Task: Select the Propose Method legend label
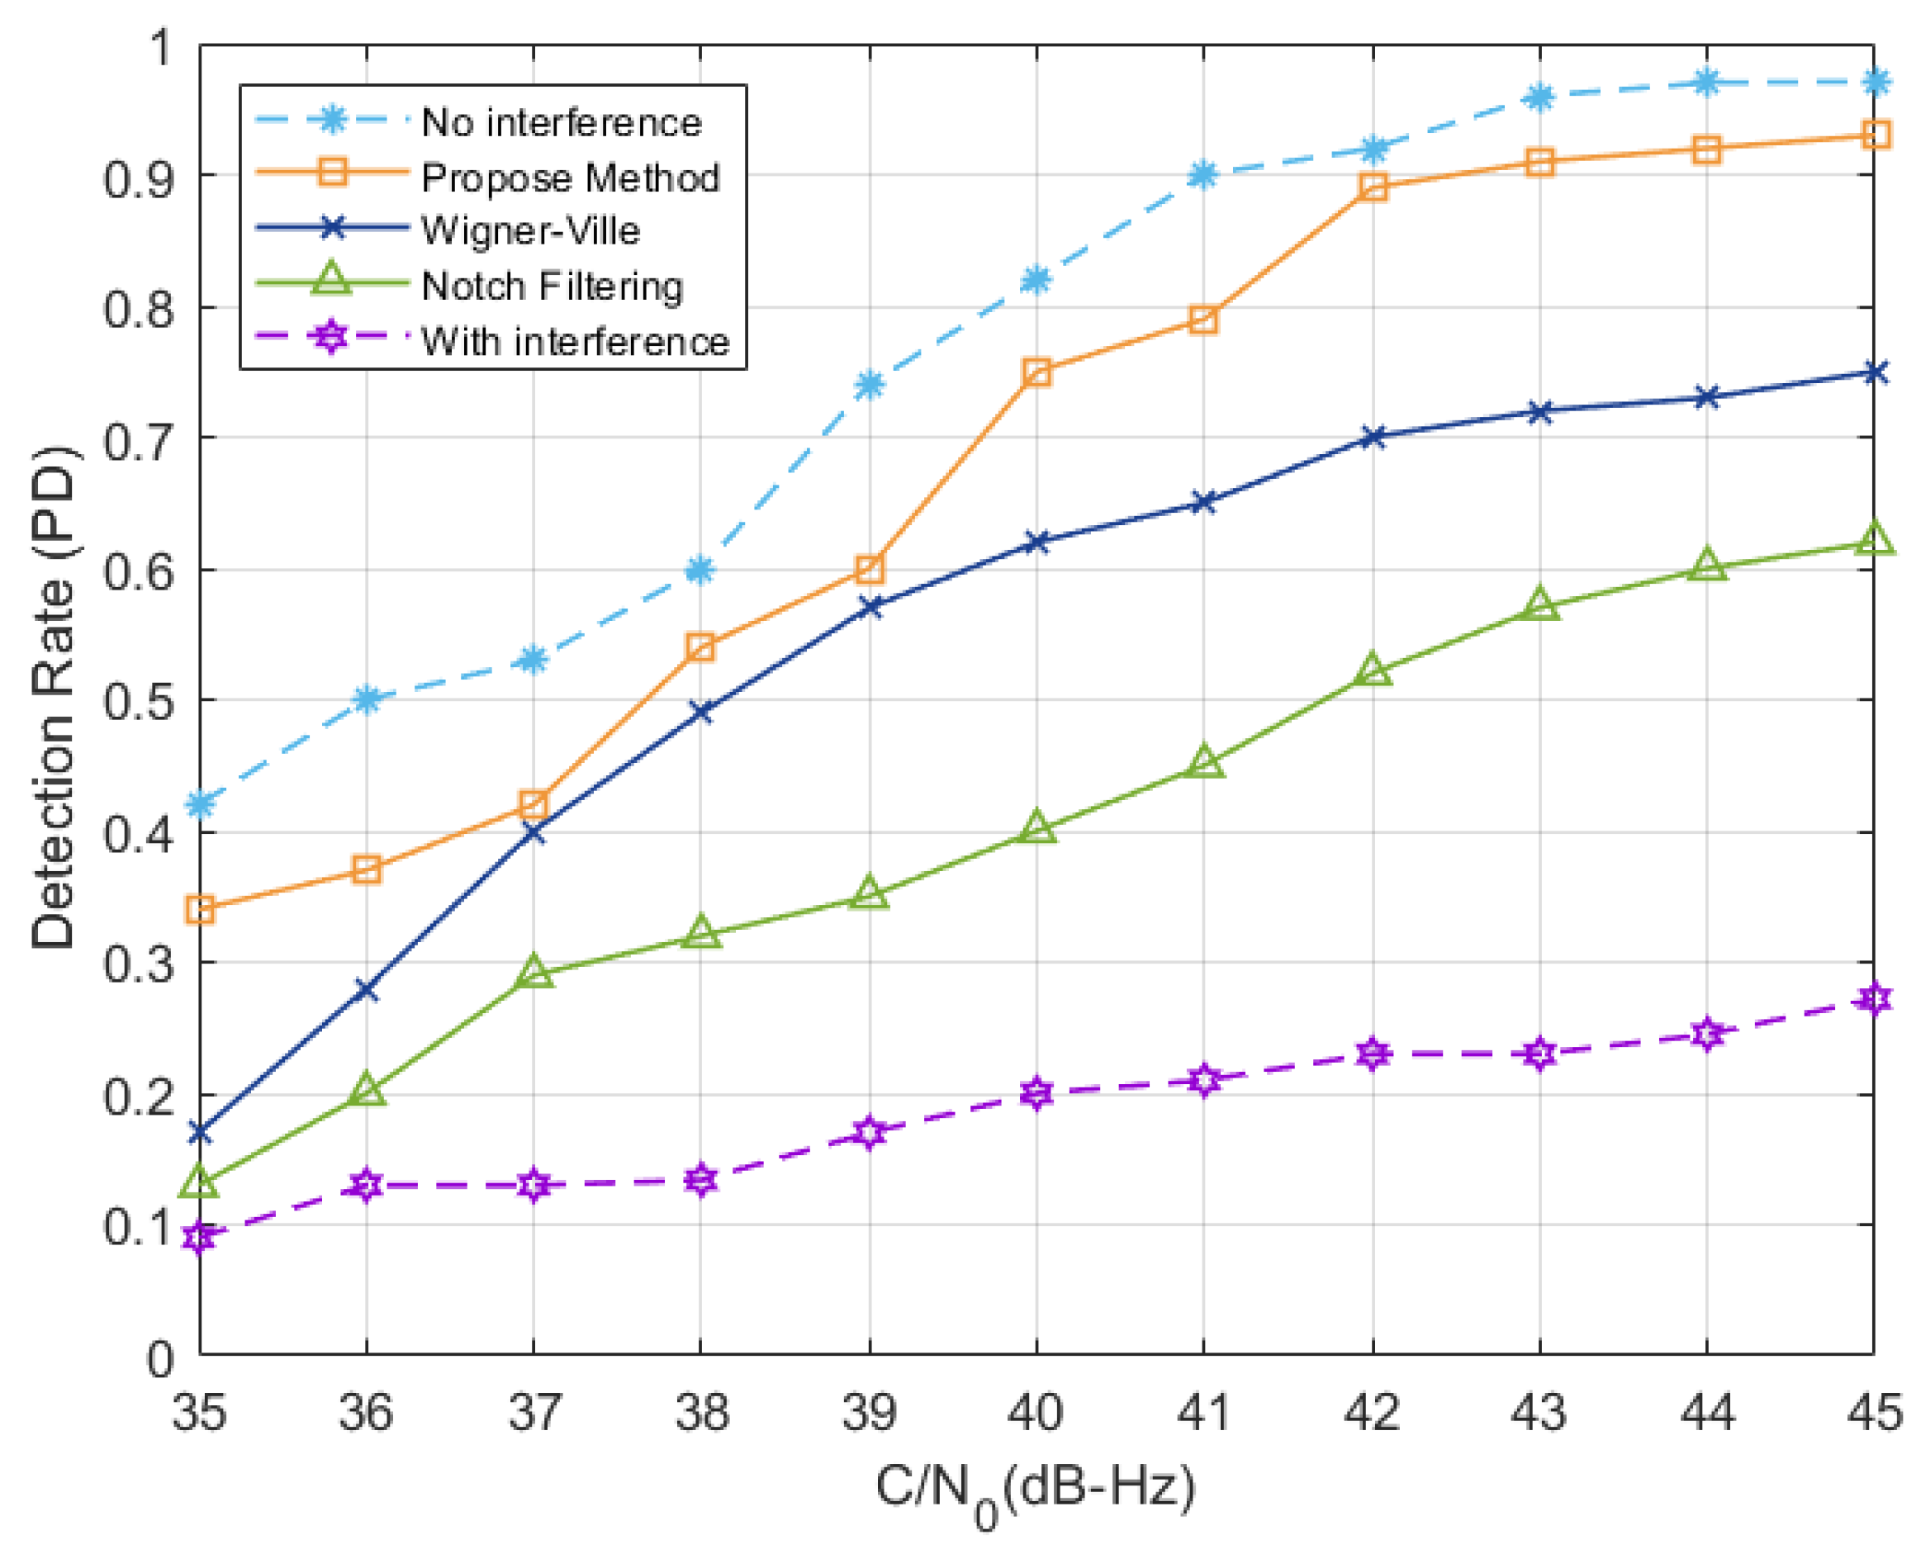pyautogui.click(x=570, y=178)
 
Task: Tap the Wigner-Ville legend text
pyautogui.click(x=531, y=231)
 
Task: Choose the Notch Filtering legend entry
pyautogui.click(x=553, y=287)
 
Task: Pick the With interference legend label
pyautogui.click(x=576, y=342)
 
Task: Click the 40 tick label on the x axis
pyautogui.click(x=1035, y=1413)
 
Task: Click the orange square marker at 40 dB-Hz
pyautogui.click(x=1036, y=372)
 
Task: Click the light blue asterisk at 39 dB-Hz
pyautogui.click(x=869, y=386)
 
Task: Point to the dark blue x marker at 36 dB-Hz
pyautogui.click(x=367, y=989)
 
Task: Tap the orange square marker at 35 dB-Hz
pyautogui.click(x=200, y=910)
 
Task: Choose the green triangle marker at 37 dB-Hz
pyautogui.click(x=534, y=972)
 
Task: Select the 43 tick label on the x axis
pyautogui.click(x=1539, y=1413)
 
